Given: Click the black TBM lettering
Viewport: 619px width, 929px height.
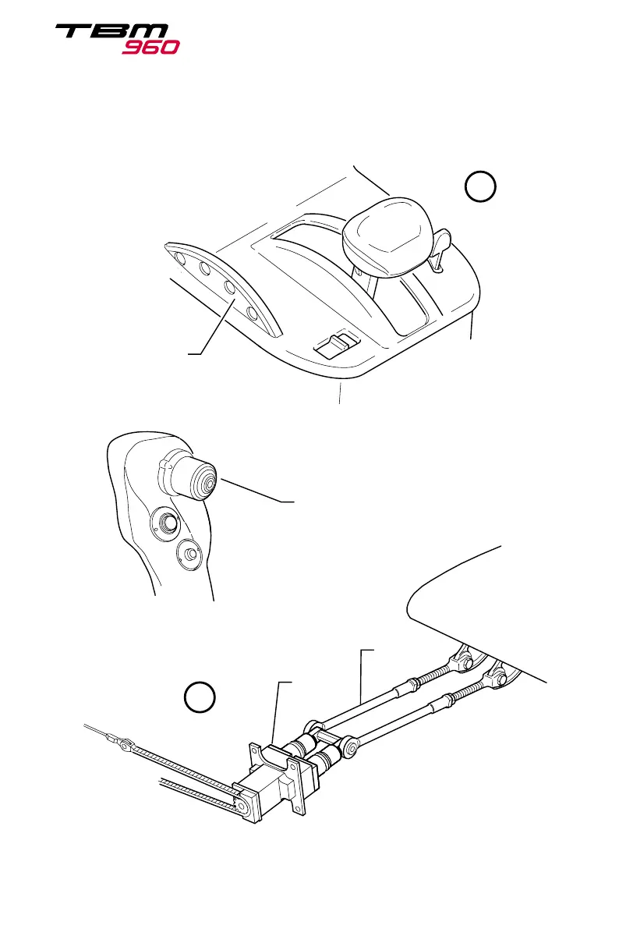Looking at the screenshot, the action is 110,33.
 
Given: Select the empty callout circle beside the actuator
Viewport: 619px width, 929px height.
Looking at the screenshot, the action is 200,697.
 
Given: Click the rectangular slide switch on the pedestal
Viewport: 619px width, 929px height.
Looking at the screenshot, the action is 335,343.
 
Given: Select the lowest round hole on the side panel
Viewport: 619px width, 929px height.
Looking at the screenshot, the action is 252,314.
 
